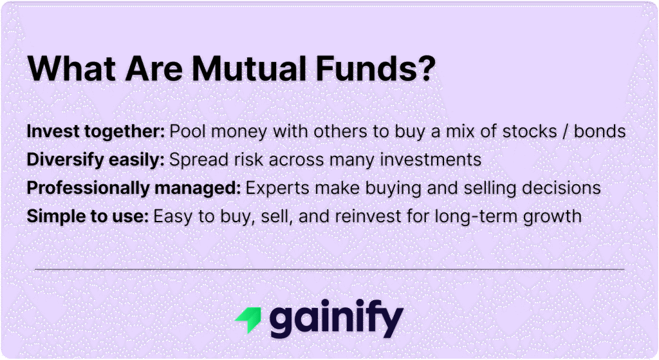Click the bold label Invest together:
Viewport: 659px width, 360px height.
pyautogui.click(x=95, y=131)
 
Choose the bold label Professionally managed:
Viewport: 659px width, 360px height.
pyautogui.click(x=133, y=188)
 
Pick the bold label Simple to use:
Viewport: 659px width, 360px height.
pyautogui.click(x=87, y=216)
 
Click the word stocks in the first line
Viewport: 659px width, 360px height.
pyautogui.click(x=528, y=131)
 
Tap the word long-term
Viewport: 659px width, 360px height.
pyautogui.click(x=475, y=216)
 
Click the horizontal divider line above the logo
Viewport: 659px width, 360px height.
pyautogui.click(x=329, y=269)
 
